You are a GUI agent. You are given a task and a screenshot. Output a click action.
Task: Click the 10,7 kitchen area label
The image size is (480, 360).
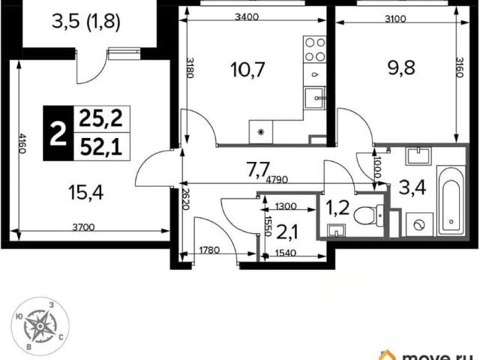tap(247, 70)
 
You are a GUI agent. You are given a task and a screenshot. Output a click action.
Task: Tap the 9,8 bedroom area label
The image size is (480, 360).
tap(401, 67)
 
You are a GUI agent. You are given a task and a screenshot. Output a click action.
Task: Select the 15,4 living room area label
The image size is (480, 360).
tap(86, 193)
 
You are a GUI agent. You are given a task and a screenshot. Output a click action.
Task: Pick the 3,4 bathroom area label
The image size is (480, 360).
tap(412, 187)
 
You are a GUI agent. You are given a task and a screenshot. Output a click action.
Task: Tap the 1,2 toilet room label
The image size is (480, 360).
tap(337, 208)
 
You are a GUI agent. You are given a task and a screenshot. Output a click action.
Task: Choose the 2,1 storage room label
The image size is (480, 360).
tap(288, 232)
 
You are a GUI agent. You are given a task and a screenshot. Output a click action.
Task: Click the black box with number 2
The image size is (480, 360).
tap(58, 133)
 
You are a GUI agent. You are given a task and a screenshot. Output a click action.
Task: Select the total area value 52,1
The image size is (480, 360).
tap(100, 147)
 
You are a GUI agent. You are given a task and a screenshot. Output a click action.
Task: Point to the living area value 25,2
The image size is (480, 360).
tap(100, 118)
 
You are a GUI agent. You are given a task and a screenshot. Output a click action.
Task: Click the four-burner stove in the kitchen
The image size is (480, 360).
tap(315, 49)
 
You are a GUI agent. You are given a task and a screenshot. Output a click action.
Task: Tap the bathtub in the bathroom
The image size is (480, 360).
tap(451, 201)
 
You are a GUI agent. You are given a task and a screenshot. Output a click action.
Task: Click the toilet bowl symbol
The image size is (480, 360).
tap(368, 215)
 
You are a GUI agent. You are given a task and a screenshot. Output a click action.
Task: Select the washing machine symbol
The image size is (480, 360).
tap(419, 225)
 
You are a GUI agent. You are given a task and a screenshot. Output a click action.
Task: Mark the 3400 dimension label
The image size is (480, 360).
tap(247, 16)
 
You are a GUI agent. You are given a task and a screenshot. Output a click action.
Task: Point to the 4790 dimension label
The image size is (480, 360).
tap(277, 180)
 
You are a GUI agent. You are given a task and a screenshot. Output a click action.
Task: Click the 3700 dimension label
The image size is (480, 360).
tap(83, 227)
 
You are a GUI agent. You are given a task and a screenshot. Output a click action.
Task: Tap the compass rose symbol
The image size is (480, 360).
tap(40, 326)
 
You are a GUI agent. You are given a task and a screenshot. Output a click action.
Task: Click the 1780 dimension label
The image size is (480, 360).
tap(209, 250)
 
